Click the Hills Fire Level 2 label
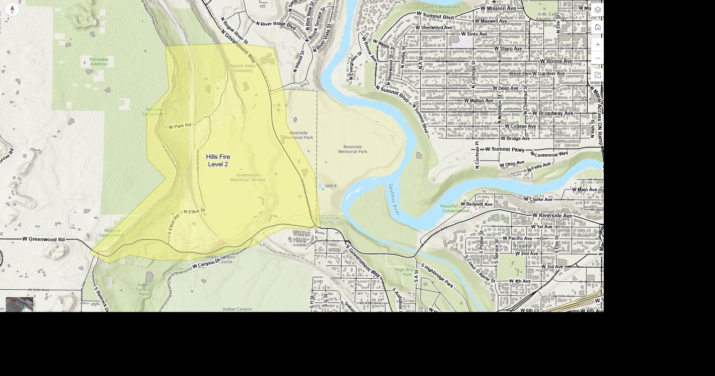click(x=218, y=160)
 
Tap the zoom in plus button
click(x=598, y=44)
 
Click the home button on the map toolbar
click(x=598, y=27)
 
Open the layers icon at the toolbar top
click(x=598, y=10)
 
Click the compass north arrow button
click(x=12, y=10)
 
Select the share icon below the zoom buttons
click(x=598, y=75)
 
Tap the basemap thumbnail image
click(x=20, y=304)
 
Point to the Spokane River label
click(x=394, y=199)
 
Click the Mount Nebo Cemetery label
click(x=242, y=68)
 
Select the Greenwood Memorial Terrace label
click(x=248, y=177)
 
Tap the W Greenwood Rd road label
click(x=43, y=239)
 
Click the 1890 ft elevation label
click(x=330, y=186)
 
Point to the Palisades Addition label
click(x=99, y=61)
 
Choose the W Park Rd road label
click(x=180, y=126)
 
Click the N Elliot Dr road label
click(x=195, y=211)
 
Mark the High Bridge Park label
click(x=404, y=272)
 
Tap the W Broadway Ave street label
click(x=549, y=113)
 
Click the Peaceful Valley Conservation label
click(x=456, y=208)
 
